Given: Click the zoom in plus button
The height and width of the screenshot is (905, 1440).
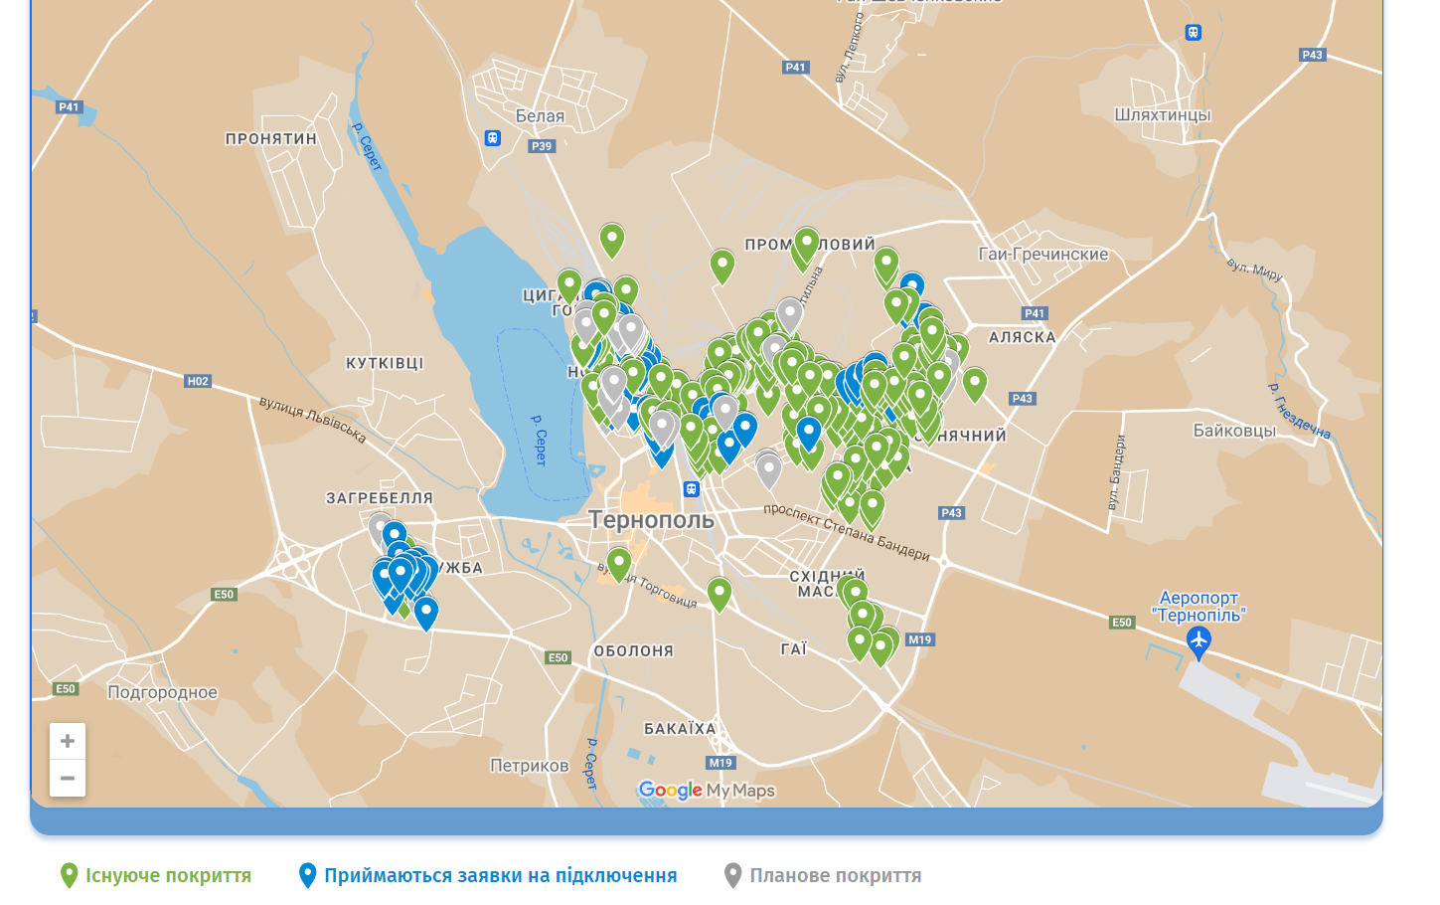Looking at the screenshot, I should point(68,741).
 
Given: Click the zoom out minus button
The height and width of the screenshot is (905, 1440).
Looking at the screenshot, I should point(68,778).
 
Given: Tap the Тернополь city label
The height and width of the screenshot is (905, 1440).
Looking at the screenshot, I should point(651,520).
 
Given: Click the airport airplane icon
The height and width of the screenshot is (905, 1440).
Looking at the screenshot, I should point(1199,641).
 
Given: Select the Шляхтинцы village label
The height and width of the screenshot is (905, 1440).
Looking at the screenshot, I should point(1162,115).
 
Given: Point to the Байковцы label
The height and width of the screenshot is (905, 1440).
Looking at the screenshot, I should point(1234,431).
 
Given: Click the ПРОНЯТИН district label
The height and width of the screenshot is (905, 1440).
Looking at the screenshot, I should point(270,139).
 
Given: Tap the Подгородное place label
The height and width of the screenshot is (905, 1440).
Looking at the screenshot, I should point(162,692).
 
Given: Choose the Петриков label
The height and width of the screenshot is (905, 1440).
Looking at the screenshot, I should point(529,766).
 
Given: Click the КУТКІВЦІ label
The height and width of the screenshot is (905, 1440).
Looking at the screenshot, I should point(385,364).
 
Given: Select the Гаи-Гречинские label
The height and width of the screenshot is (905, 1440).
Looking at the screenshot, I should point(1042,255).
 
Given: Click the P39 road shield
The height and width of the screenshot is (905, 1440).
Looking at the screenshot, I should point(542,146).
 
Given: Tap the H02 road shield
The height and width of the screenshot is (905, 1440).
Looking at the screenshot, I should point(198,381).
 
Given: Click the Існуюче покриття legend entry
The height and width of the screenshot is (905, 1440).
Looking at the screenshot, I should point(168,876).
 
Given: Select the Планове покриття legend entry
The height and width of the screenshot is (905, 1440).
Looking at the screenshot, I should point(835,876).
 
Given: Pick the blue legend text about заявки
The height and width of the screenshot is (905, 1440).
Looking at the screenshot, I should point(500,876).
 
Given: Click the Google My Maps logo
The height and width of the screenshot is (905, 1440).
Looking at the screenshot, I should point(706,791).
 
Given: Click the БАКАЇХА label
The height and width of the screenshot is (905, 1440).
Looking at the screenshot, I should point(680,729).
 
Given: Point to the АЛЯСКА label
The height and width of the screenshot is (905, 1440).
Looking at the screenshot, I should point(1022,338).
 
